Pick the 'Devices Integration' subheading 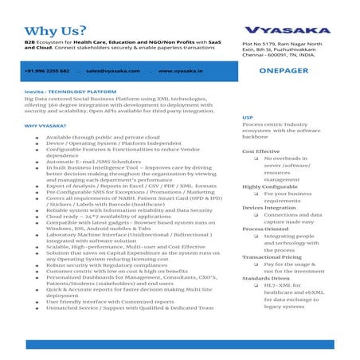pos(267,208)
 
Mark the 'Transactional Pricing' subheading pos(271,257)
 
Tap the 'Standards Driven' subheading pos(265,279)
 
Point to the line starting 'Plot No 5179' pos(283,41)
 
